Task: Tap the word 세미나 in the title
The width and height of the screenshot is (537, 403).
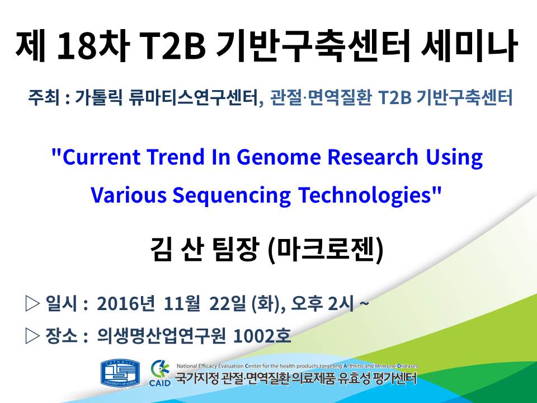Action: click(x=469, y=46)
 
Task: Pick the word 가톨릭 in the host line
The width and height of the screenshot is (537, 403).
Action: click(x=98, y=97)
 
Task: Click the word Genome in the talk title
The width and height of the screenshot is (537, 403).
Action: click(x=279, y=157)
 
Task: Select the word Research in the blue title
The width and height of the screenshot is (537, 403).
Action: click(x=373, y=157)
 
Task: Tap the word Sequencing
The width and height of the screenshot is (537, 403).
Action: click(x=232, y=195)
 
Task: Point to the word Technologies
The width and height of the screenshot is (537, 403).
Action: click(x=364, y=195)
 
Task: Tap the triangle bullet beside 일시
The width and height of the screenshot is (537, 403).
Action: click(x=32, y=303)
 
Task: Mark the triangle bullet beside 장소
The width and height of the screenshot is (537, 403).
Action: click(x=32, y=336)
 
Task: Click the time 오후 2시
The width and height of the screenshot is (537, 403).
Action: click(x=322, y=303)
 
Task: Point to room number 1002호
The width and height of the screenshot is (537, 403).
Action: click(x=262, y=336)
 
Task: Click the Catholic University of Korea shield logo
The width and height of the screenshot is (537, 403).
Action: click(x=120, y=373)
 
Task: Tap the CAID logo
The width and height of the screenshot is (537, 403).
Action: click(x=160, y=373)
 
